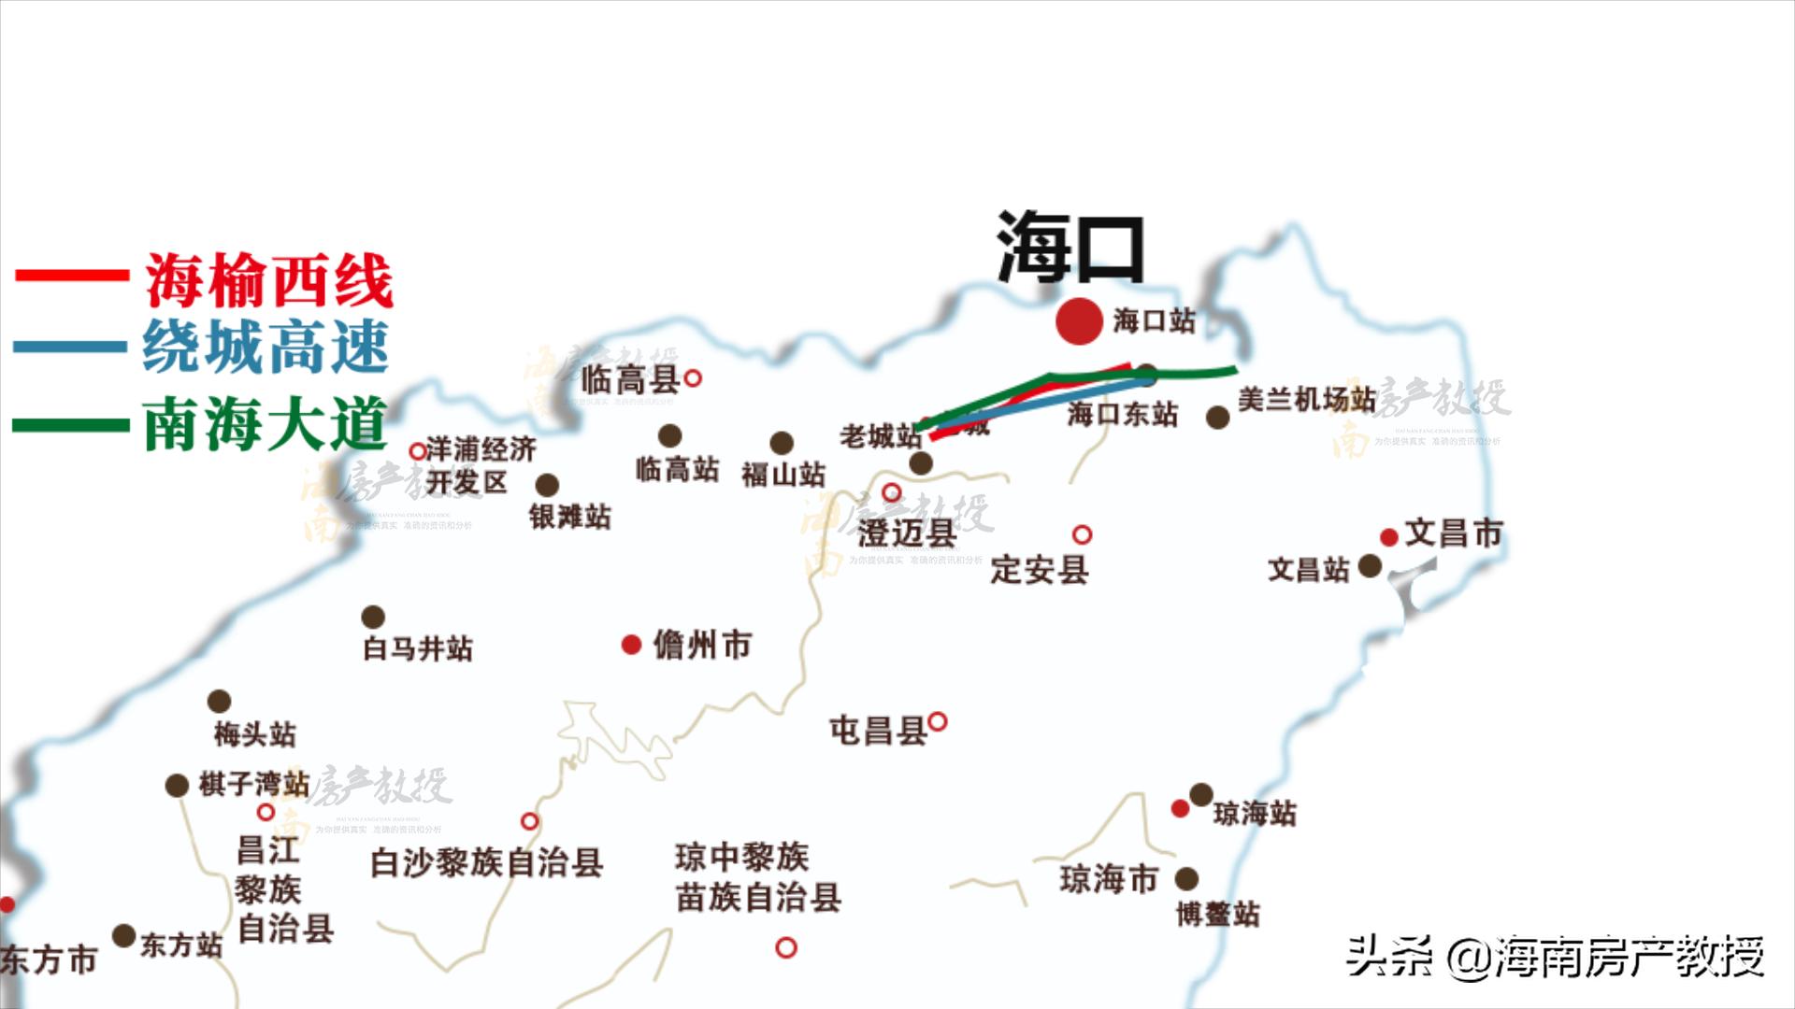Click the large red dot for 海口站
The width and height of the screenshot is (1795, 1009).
[x=1079, y=321]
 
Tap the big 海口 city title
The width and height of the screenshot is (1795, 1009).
[x=1071, y=248]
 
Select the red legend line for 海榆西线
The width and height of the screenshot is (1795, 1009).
[x=72, y=275]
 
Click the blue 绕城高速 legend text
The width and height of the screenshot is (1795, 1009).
[x=266, y=347]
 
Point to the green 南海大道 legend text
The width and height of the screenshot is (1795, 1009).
[x=266, y=424]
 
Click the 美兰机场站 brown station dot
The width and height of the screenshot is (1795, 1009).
[x=1217, y=418]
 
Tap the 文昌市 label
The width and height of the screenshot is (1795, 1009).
[x=1453, y=533]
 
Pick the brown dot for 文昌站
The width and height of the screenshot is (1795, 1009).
[x=1370, y=565]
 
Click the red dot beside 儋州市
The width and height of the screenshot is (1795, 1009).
[x=631, y=645]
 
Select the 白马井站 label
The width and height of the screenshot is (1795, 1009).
[x=418, y=648]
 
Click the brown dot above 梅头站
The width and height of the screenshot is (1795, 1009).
[x=219, y=701]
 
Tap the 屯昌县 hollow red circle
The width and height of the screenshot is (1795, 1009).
[x=938, y=721]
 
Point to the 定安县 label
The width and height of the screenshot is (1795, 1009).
[x=1040, y=569]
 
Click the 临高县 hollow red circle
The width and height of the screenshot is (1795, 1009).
[x=693, y=378]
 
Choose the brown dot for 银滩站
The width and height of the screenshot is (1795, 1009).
[x=547, y=485]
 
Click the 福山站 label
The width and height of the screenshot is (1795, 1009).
[x=783, y=475]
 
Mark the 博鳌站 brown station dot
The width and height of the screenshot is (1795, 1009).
[x=1186, y=878]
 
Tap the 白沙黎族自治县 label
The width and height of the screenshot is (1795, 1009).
[x=486, y=862]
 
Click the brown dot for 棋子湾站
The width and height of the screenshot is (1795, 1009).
[x=177, y=785]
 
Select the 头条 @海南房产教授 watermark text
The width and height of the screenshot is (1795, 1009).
[x=1555, y=956]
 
